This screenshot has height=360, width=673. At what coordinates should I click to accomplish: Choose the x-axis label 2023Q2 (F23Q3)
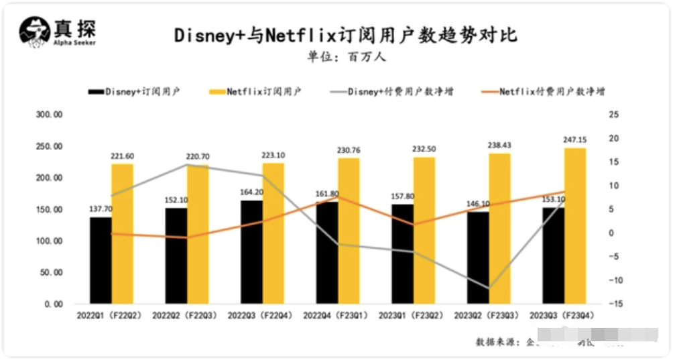coord(486,314)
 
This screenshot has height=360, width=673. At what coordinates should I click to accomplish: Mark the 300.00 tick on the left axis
coord(50,115)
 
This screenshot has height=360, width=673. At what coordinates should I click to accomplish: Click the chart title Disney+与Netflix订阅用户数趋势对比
coord(346,35)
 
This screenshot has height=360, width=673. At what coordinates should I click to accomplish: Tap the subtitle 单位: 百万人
coord(347,57)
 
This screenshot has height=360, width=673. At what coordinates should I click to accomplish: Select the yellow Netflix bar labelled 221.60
coord(122,234)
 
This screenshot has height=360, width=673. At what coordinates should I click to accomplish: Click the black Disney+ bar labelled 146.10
coord(478,257)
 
